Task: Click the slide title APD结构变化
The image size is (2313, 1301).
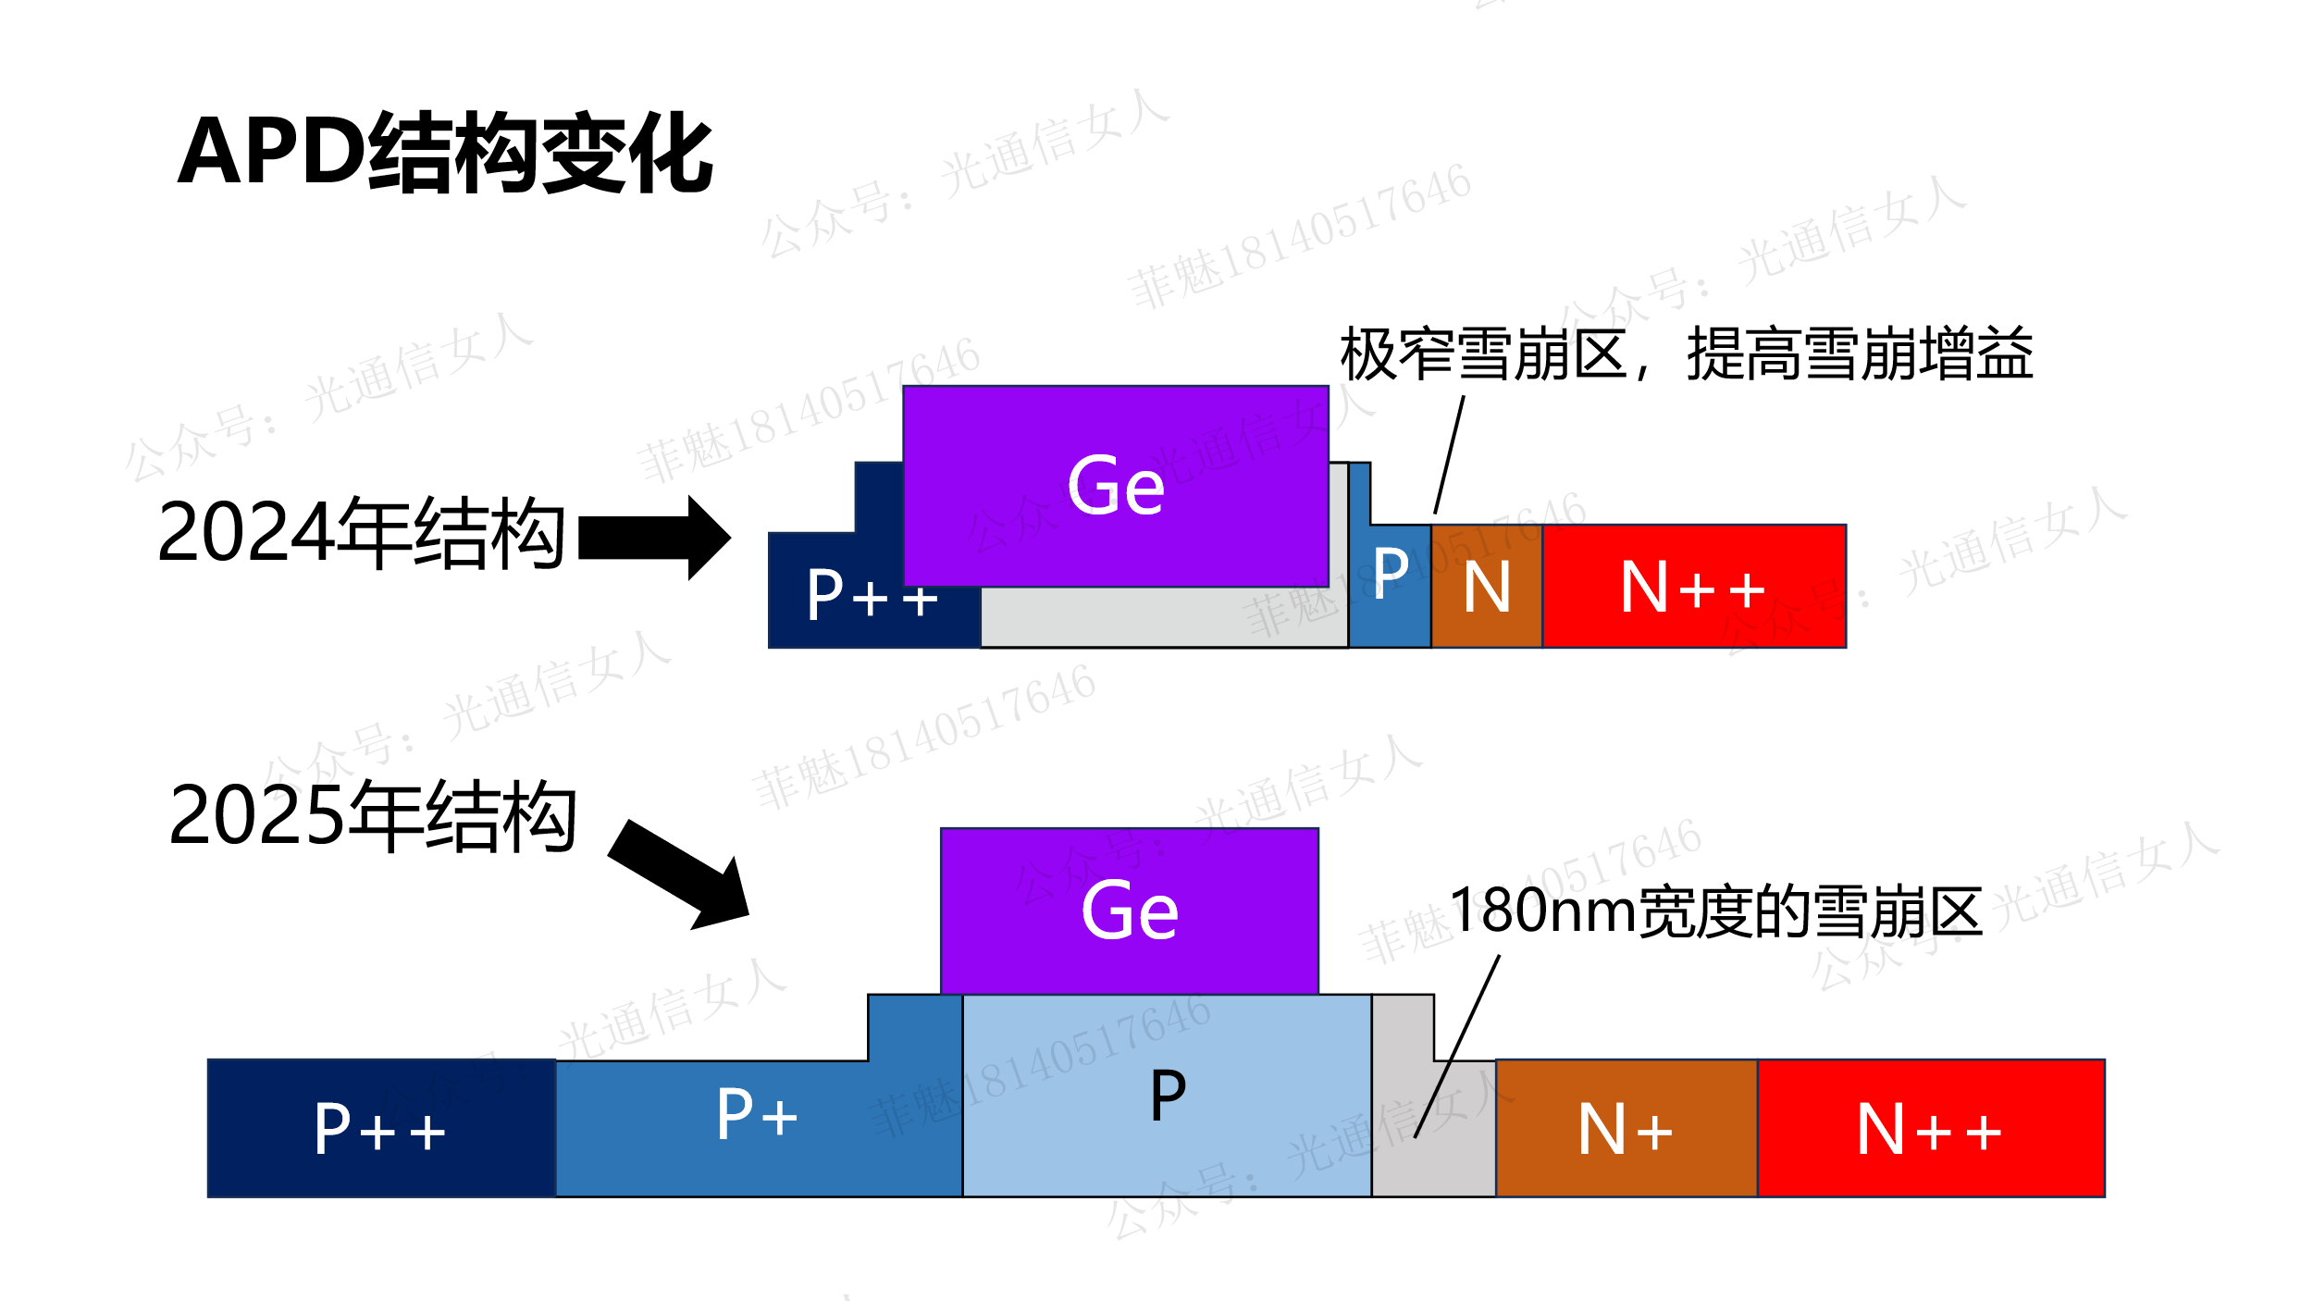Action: pyautogui.click(x=445, y=153)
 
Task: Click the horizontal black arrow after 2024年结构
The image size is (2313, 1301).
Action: pyautogui.click(x=653, y=538)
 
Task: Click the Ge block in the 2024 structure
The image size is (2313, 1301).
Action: pyautogui.click(x=1116, y=486)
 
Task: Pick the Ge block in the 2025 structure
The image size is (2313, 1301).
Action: pyautogui.click(x=1129, y=911)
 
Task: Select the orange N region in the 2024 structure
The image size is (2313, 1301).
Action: pyautogui.click(x=1486, y=588)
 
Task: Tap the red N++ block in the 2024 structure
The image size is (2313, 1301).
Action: pyautogui.click(x=1693, y=588)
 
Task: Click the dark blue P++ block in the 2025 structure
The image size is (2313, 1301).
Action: pyautogui.click(x=380, y=1129)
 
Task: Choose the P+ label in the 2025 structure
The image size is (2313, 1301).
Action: pyautogui.click(x=757, y=1115)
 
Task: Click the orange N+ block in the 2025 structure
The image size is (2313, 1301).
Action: pyautogui.click(x=1626, y=1130)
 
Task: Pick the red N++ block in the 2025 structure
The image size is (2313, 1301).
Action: pyautogui.click(x=1930, y=1130)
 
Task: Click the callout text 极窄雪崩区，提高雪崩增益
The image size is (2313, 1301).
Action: pyautogui.click(x=1686, y=354)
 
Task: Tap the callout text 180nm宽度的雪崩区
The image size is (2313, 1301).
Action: pyautogui.click(x=1715, y=911)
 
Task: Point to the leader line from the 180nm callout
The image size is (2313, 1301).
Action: pyautogui.click(x=1457, y=1046)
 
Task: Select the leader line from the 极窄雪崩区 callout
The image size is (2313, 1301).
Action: pyautogui.click(x=1450, y=453)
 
